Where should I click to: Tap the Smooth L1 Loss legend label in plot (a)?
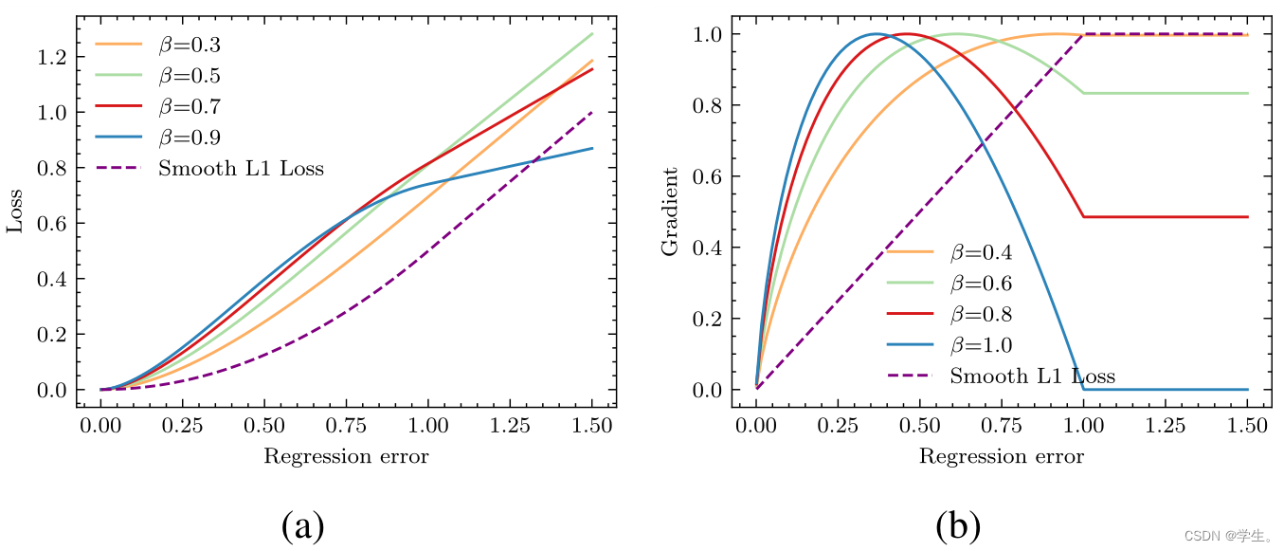tap(241, 169)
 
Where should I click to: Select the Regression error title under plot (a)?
tap(346, 457)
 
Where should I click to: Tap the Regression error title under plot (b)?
tap(1002, 457)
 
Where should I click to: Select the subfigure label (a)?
tap(303, 524)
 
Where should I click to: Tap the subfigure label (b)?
tap(958, 524)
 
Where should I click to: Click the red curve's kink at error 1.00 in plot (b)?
tap(1083, 217)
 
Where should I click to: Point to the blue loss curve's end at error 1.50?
tap(592, 148)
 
